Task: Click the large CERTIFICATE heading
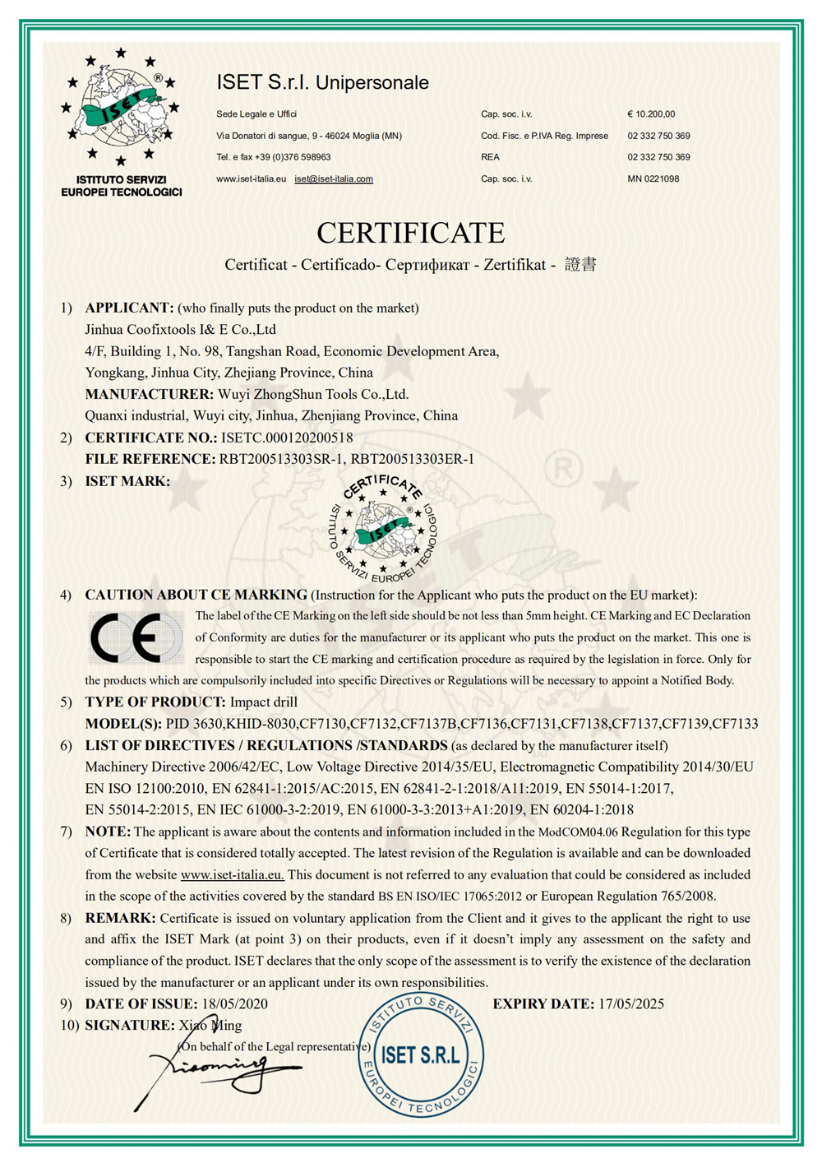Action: pyautogui.click(x=410, y=233)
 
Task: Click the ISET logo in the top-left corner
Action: pyautogui.click(x=121, y=107)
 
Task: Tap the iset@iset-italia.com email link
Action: pyautogui.click(x=334, y=178)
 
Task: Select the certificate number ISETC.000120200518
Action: pyautogui.click(x=286, y=438)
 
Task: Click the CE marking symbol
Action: pyautogui.click(x=136, y=638)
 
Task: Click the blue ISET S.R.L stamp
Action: pyautogui.click(x=421, y=1055)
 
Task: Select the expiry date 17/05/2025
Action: pyautogui.click(x=630, y=1003)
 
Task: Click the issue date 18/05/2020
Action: pyautogui.click(x=234, y=1003)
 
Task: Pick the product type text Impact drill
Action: pyautogui.click(x=263, y=702)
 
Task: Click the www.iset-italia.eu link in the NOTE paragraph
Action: pyautogui.click(x=232, y=874)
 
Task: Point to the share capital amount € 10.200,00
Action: pyautogui.click(x=651, y=114)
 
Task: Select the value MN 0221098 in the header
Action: pyautogui.click(x=653, y=178)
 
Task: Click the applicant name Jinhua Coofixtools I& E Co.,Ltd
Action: pyautogui.click(x=181, y=329)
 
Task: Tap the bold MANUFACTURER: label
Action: pyautogui.click(x=149, y=394)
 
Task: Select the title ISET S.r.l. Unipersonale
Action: pyautogui.click(x=322, y=82)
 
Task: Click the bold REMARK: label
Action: pyautogui.click(x=120, y=918)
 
